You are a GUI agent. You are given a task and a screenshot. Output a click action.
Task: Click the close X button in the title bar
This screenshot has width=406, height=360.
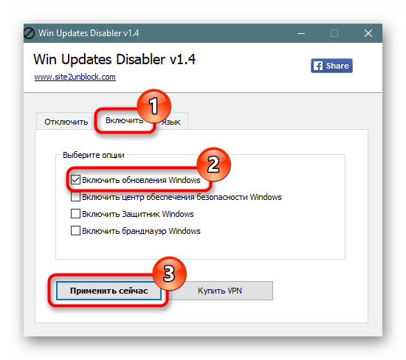tap(368, 33)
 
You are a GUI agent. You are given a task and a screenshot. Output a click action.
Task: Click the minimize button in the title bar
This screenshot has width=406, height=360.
tap(301, 33)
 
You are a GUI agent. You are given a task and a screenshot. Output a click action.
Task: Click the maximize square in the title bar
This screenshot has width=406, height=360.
tap(334, 33)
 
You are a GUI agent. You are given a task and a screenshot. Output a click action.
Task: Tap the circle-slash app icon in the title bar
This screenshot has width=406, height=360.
tap(29, 33)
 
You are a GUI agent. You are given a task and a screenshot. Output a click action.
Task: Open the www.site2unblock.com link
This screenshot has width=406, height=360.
tap(75, 77)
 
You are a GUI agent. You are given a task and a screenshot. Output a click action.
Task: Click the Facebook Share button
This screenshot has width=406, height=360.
tap(331, 66)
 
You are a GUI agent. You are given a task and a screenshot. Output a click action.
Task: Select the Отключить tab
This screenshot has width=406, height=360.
tap(66, 122)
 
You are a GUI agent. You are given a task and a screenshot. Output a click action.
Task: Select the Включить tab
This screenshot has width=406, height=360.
tap(124, 120)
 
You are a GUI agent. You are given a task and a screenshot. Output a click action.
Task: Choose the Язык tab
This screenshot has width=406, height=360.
tap(171, 122)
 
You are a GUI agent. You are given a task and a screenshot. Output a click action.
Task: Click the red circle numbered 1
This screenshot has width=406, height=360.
tap(154, 106)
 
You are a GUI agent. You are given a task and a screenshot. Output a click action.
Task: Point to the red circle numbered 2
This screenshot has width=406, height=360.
tap(213, 164)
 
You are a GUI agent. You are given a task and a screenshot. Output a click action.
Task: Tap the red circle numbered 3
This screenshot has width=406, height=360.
tap(169, 273)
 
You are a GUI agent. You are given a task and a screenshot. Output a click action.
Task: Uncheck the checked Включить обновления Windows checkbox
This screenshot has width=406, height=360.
tap(75, 179)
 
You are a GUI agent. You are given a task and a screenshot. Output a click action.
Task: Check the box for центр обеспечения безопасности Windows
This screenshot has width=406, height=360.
tap(75, 197)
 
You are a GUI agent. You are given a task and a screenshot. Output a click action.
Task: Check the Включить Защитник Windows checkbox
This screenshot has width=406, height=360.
tap(75, 214)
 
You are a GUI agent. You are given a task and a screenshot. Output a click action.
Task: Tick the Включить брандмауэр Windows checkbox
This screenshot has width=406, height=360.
tap(75, 231)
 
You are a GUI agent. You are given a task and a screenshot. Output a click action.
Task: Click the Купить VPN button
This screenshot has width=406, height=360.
tap(219, 291)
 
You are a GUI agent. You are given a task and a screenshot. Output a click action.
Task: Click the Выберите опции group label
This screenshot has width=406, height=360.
tap(94, 155)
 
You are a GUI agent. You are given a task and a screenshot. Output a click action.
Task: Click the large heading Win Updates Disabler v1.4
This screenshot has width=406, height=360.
tap(114, 59)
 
